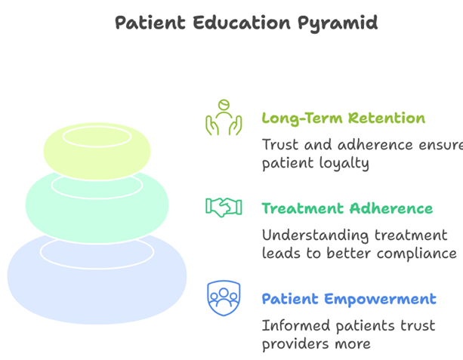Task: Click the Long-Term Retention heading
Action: (x=343, y=118)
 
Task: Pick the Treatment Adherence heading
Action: (x=347, y=208)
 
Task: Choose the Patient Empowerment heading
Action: (x=348, y=299)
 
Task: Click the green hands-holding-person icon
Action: (x=224, y=118)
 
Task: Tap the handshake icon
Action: (x=224, y=208)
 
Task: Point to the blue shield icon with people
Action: (x=224, y=298)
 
